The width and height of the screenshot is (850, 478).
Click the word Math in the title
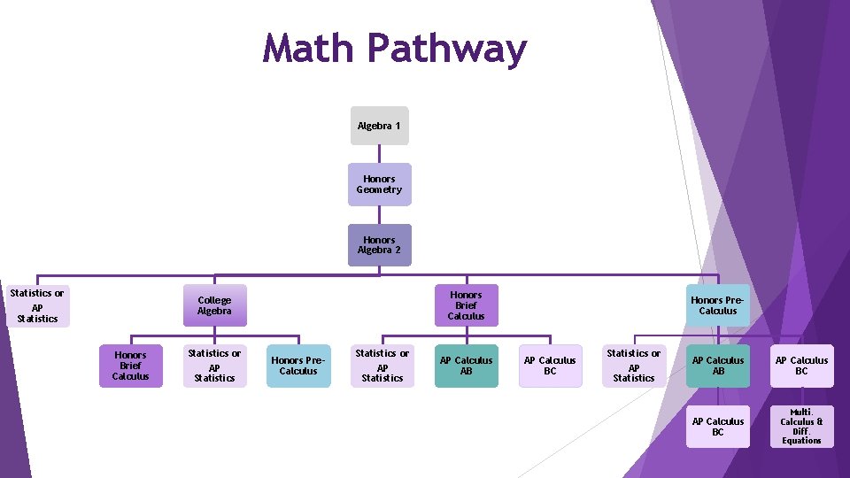tap(309, 49)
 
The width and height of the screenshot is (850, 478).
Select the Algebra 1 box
tap(379, 126)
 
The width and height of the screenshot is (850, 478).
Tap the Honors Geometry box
tap(379, 184)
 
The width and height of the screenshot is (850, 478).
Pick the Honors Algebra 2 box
tap(379, 245)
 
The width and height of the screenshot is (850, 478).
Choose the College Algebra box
tap(214, 305)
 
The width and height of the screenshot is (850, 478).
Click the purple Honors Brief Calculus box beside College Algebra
tap(466, 305)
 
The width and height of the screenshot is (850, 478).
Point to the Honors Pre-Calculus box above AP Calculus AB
tap(717, 305)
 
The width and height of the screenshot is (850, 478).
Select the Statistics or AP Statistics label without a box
tap(37, 305)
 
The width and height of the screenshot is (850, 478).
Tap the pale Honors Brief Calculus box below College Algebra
tap(130, 366)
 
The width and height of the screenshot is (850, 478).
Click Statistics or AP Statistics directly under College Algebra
tap(214, 366)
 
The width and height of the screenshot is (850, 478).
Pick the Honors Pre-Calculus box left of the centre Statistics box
tap(298, 366)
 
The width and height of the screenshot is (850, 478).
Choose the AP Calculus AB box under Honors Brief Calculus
tap(466, 366)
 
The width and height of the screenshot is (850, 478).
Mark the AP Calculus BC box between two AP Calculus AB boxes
tap(550, 366)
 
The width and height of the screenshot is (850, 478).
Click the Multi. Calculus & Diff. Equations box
tap(801, 427)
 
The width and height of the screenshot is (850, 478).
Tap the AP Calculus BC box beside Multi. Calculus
tap(717, 427)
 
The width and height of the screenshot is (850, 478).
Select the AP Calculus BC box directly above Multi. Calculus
tap(801, 366)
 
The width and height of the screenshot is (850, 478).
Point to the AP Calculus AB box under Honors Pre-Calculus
tap(717, 366)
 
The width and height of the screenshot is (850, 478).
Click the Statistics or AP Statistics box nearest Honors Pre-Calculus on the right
tap(634, 366)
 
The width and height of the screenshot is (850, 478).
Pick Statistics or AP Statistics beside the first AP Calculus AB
tap(382, 366)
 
